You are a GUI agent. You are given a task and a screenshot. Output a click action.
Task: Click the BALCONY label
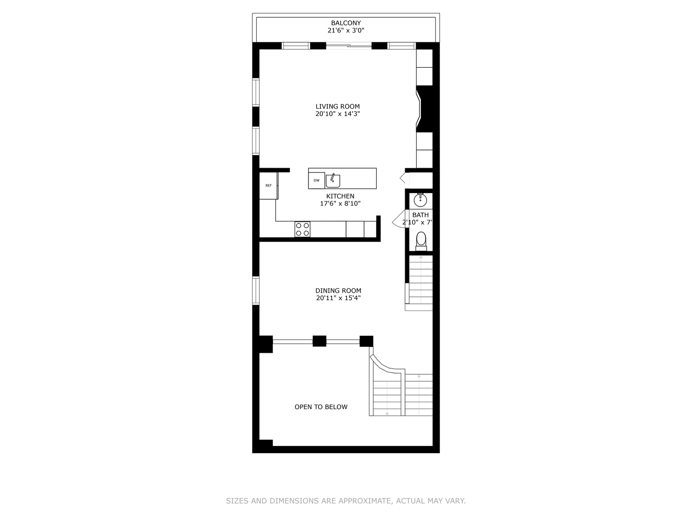[x=346, y=23]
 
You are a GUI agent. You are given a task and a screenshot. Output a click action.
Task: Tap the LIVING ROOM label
[x=337, y=107]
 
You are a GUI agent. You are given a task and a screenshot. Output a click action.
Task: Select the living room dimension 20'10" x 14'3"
[x=337, y=114]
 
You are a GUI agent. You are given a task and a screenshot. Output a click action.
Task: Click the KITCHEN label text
[x=340, y=196]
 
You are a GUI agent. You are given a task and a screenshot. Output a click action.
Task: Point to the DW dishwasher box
[x=317, y=181]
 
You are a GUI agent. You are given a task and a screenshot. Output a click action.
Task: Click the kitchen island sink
[x=333, y=181]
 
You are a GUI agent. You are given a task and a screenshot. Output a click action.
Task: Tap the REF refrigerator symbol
[x=269, y=185]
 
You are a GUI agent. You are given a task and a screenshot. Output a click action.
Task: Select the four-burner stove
[x=302, y=229]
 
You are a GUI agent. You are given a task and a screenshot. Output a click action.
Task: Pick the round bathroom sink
[x=420, y=199]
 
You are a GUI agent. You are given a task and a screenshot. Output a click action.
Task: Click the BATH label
[x=420, y=215]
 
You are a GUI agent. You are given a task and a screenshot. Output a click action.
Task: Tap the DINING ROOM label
[x=338, y=291]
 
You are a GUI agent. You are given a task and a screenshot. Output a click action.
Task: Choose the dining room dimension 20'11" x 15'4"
[x=338, y=298]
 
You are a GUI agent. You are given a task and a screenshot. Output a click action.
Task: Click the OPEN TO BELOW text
[x=321, y=407]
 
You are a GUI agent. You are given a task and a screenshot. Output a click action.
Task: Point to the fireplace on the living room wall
[x=426, y=109]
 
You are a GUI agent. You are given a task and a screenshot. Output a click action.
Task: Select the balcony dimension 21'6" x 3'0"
[x=346, y=31]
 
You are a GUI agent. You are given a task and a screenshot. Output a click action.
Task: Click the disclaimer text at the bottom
[x=346, y=501]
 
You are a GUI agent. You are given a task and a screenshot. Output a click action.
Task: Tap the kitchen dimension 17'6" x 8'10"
[x=340, y=204]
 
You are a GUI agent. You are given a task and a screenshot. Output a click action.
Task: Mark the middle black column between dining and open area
[x=320, y=341]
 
